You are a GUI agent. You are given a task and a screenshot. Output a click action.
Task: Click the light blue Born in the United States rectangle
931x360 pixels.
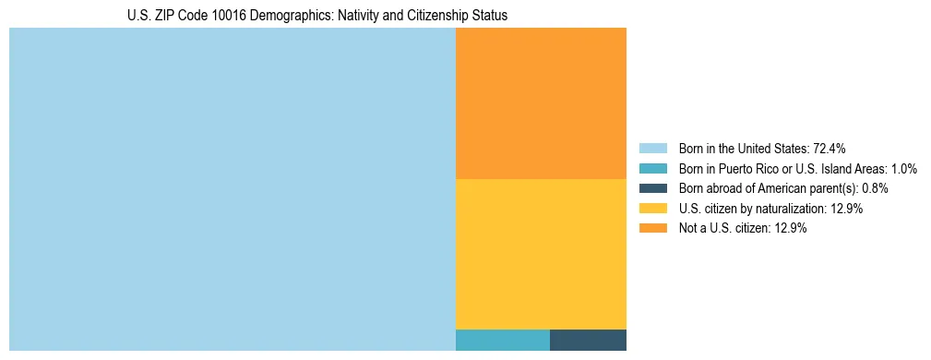(232, 189)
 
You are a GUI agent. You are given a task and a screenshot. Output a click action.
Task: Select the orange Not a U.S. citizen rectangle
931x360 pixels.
(541, 102)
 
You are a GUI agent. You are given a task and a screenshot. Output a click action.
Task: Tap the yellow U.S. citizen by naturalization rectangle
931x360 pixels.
(541, 253)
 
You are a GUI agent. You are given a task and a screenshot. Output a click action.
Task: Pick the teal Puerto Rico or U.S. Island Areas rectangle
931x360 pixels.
(502, 340)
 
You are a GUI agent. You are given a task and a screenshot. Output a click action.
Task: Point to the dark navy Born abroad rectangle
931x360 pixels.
(588, 340)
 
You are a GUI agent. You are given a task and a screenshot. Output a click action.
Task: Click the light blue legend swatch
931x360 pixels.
(652, 148)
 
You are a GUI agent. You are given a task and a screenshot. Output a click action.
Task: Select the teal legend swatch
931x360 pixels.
(652, 168)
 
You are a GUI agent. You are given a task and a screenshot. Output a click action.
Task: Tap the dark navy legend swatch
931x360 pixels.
(652, 188)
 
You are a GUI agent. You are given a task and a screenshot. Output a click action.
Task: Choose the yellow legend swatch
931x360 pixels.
(652, 209)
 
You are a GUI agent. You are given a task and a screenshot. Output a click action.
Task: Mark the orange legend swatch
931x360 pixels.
(652, 229)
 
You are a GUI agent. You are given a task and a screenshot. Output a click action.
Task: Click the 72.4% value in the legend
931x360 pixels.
(830, 148)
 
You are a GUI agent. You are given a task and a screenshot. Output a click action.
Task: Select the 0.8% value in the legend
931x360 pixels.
(876, 188)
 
